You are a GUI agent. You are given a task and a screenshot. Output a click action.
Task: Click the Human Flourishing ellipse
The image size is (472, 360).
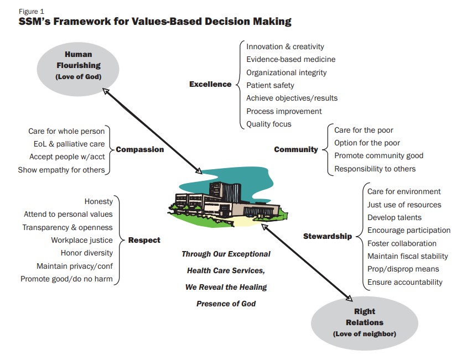[78, 65]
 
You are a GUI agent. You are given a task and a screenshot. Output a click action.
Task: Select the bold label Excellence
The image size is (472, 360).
[210, 85]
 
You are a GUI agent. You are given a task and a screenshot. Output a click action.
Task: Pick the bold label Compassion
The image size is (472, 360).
[140, 149]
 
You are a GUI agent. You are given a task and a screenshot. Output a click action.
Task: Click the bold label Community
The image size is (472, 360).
[296, 149]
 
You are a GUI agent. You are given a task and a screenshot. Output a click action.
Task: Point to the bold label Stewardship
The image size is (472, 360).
[328, 237]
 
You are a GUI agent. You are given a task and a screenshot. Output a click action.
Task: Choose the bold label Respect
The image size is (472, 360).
[144, 240]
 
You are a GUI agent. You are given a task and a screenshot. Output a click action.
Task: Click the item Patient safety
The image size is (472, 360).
[270, 85]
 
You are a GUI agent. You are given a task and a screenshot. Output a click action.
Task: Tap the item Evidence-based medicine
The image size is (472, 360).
[291, 59]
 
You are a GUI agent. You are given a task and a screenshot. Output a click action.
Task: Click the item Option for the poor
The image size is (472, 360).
[367, 143]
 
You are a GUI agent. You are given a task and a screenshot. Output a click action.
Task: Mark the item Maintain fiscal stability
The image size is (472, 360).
[408, 256]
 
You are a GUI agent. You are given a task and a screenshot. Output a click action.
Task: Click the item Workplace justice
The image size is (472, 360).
[82, 240]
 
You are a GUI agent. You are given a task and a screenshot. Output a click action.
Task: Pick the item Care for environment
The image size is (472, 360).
[404, 191]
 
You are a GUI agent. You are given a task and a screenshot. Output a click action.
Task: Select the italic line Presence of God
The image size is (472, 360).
[226, 304]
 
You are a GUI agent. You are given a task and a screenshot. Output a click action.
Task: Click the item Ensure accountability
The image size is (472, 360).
[405, 282]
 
